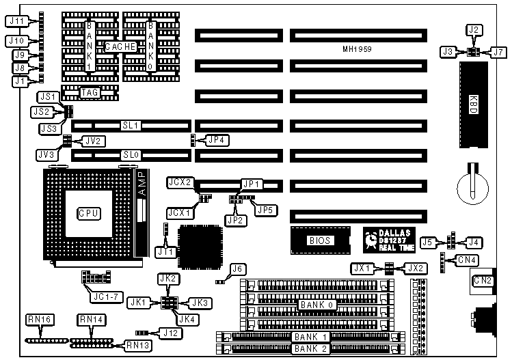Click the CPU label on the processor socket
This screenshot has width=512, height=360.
[90, 214]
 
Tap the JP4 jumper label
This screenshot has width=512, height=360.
[217, 140]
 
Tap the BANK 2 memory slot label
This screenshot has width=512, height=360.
[310, 348]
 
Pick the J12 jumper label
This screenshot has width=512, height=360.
[171, 333]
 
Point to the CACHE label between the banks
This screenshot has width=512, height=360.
[121, 46]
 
